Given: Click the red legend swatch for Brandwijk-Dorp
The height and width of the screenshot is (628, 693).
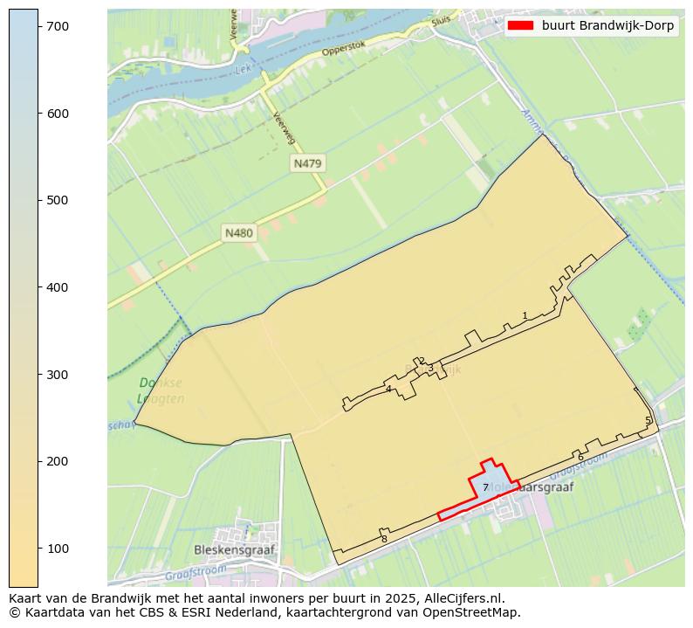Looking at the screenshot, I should (521, 25).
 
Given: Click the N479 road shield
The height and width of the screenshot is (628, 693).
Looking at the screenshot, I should (308, 163).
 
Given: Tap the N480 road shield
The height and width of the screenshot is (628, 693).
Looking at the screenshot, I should (238, 232).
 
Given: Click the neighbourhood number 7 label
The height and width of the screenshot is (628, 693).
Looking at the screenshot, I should (485, 488).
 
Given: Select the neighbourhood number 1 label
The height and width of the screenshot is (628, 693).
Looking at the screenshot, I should (525, 316).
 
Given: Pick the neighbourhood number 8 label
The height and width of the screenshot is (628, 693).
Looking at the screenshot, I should (384, 540).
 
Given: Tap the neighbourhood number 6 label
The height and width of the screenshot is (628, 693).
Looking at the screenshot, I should (580, 457).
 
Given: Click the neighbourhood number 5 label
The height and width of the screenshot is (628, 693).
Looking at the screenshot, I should (648, 421).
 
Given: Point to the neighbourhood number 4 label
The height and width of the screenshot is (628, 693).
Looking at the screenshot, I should (388, 390).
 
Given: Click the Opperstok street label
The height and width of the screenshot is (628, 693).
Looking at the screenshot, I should (341, 50).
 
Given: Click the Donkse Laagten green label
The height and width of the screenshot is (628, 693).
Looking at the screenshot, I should (161, 390).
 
